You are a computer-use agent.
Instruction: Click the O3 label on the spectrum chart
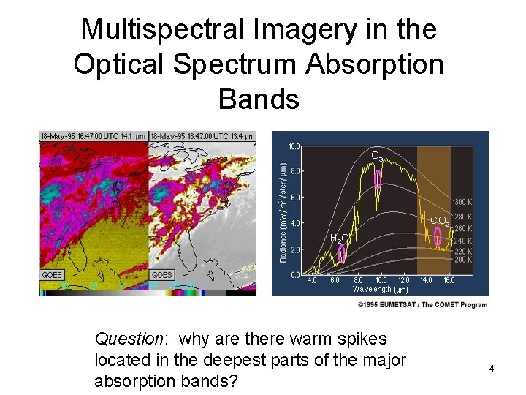click(377, 157)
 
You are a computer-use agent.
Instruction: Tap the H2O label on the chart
click(339, 238)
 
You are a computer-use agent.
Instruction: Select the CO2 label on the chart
click(440, 221)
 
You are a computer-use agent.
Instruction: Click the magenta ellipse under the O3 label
click(378, 178)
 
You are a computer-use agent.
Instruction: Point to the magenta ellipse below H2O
click(341, 254)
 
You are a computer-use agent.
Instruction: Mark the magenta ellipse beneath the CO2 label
click(438, 236)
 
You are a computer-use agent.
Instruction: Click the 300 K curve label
click(464, 202)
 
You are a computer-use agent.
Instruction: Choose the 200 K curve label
click(464, 260)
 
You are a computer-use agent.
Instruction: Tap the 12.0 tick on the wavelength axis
click(403, 280)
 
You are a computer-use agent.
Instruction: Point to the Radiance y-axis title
click(283, 212)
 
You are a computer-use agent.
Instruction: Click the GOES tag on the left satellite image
click(53, 275)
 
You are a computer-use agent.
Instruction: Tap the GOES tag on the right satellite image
click(161, 275)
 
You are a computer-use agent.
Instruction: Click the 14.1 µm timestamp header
click(94, 136)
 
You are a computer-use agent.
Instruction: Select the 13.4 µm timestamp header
click(203, 136)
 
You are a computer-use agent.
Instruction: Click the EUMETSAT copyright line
click(422, 304)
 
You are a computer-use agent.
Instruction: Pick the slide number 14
click(489, 369)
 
